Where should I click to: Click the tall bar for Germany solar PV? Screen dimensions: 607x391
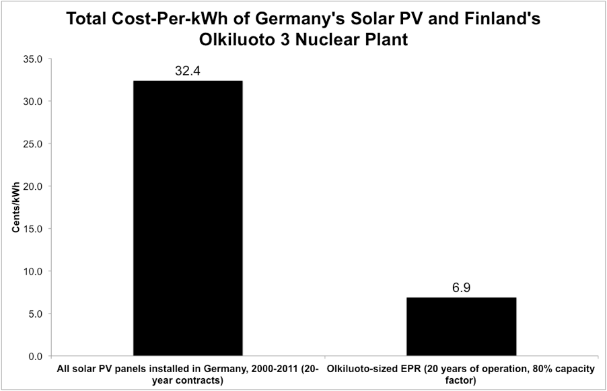[x=188, y=218]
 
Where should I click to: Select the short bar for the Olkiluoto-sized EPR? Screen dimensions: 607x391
[x=461, y=326]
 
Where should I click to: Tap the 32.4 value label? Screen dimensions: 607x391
[x=188, y=71]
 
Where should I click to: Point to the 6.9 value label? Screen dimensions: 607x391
[x=461, y=288]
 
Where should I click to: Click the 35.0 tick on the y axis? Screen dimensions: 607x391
[x=33, y=59]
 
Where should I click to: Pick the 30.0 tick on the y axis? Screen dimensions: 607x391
[x=33, y=102]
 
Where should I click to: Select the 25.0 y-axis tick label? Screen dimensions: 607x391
[x=33, y=144]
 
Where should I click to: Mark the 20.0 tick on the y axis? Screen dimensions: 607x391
[x=33, y=186]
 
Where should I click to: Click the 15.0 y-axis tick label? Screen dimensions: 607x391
[x=33, y=229]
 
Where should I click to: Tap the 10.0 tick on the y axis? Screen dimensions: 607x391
[x=33, y=271]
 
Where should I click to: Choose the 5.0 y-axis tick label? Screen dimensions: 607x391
[x=35, y=314]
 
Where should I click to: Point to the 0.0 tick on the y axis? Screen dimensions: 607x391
[x=35, y=356]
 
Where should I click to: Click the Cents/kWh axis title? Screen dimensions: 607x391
[x=15, y=207]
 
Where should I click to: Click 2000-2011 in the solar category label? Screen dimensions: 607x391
[x=268, y=369]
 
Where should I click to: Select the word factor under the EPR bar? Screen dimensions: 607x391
[x=461, y=380]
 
